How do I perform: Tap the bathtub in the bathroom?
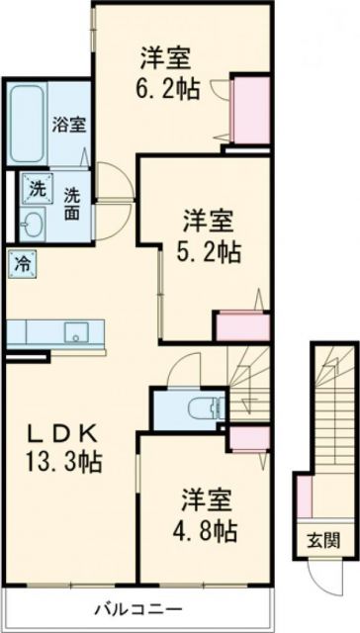27,125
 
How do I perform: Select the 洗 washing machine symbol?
34,188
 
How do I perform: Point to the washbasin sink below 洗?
34,222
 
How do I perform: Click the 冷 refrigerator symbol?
21,263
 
